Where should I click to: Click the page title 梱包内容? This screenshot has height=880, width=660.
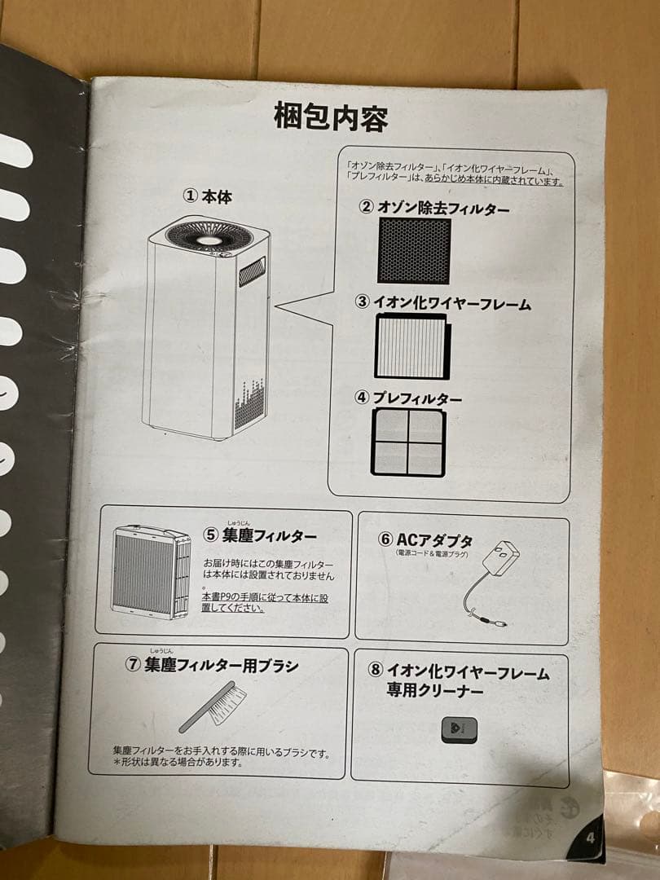click(331, 117)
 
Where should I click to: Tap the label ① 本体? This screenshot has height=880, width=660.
click(207, 196)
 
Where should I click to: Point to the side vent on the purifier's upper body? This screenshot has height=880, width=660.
click(252, 271)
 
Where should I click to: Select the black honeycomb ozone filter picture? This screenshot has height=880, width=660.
click(414, 250)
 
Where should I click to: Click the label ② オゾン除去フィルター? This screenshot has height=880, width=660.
click(433, 207)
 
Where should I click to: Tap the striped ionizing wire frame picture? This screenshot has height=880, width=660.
click(412, 345)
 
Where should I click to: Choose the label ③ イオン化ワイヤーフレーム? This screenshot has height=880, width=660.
click(442, 302)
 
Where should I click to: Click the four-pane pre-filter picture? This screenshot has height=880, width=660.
click(408, 442)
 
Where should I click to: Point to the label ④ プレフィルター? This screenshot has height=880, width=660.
click(408, 398)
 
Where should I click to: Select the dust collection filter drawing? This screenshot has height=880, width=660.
click(152, 572)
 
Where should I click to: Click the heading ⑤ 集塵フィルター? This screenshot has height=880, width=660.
click(259, 535)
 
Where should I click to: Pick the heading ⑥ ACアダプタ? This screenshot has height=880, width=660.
click(425, 539)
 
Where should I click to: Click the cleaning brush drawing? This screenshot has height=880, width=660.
click(213, 706)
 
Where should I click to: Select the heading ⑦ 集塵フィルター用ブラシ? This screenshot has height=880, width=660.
click(212, 665)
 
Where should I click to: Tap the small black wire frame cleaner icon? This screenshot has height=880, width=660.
click(459, 729)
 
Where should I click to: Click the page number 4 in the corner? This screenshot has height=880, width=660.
click(590, 838)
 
